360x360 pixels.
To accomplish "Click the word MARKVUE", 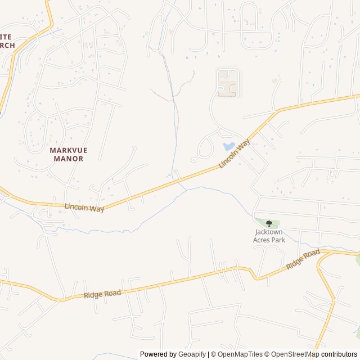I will [69, 150].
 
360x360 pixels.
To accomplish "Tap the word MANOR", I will [69, 159].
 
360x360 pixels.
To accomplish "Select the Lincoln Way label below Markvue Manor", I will [84, 208].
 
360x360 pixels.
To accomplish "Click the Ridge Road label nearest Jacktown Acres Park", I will [303, 260].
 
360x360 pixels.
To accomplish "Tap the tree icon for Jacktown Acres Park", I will [269, 223].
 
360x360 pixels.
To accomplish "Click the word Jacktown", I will [269, 232].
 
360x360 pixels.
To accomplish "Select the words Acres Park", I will [269, 240].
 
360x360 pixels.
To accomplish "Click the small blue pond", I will [229, 146].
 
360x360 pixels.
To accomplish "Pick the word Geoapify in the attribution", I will [192, 354].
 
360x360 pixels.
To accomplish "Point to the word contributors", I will [339, 354].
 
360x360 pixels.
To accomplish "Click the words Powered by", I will [158, 354].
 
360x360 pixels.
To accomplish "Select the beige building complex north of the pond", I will [228, 82].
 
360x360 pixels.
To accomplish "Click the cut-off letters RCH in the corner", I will [7, 45].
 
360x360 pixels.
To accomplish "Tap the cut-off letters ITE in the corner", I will [6, 36].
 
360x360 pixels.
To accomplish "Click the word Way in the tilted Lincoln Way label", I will [242, 147].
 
